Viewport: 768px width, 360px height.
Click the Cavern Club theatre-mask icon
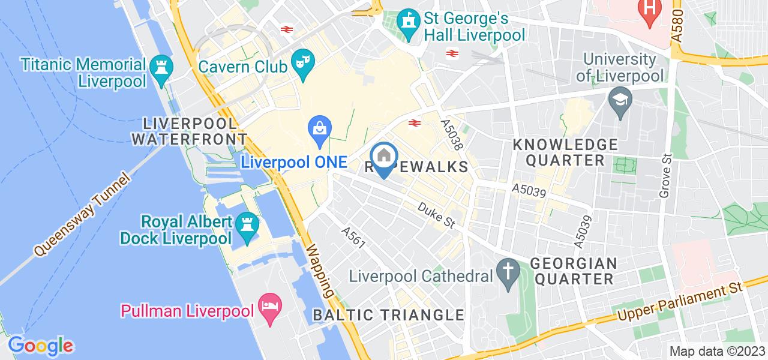(301, 63)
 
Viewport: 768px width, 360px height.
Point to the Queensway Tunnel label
(82, 214)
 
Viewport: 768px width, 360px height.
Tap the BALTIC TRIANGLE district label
(389, 315)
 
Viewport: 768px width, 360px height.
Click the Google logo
(40, 346)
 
